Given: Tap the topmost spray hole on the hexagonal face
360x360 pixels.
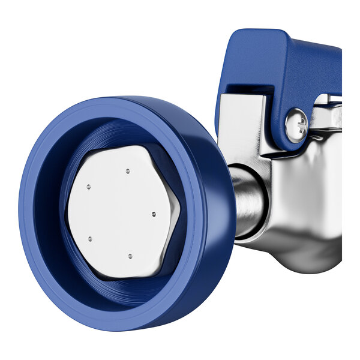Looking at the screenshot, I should [128, 171].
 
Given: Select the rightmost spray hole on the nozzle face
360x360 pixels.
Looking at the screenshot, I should [154, 214].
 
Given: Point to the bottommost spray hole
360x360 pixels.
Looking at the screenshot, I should [130, 256].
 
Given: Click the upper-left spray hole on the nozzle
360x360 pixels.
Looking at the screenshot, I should [88, 187].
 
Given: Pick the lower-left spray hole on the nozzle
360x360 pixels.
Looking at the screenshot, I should [90, 239].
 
